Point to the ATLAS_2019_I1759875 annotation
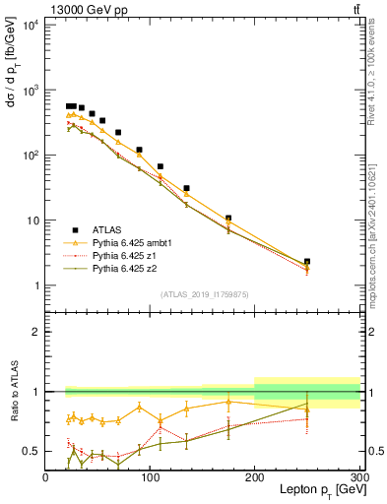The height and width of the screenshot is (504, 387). (203, 294)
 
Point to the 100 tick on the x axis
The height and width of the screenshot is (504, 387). (150, 476)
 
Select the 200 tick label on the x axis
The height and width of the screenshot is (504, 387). (255, 476)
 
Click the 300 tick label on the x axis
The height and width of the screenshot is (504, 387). (358, 476)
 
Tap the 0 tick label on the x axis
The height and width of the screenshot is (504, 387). (45, 476)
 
